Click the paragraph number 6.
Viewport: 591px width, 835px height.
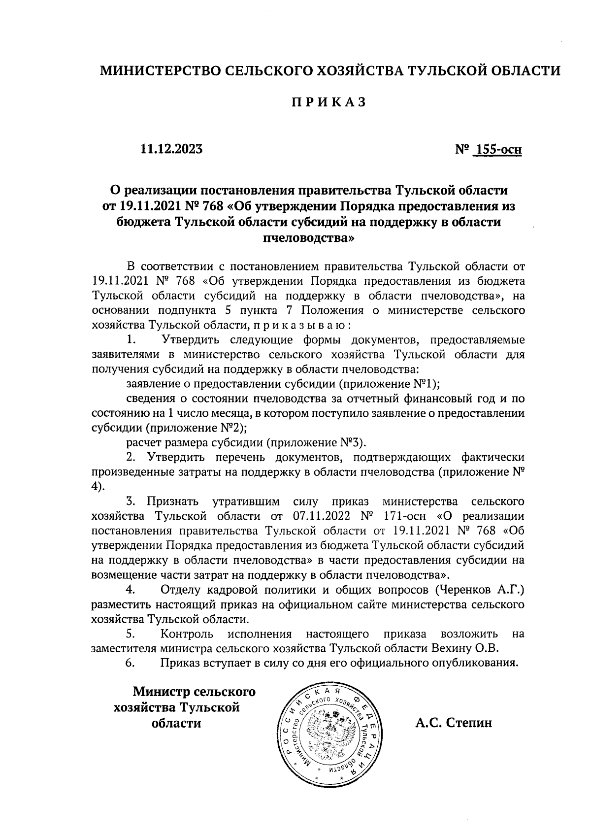pos(131,663)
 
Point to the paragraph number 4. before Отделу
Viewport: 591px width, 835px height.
pos(131,589)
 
